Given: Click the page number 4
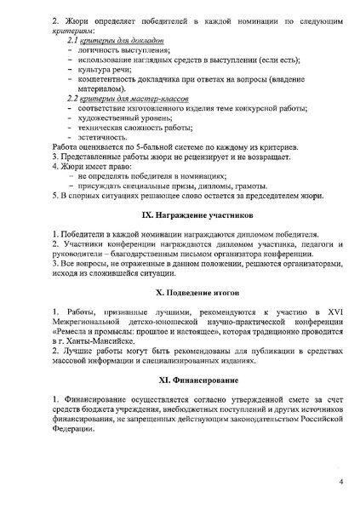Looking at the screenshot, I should tap(340, 483).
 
